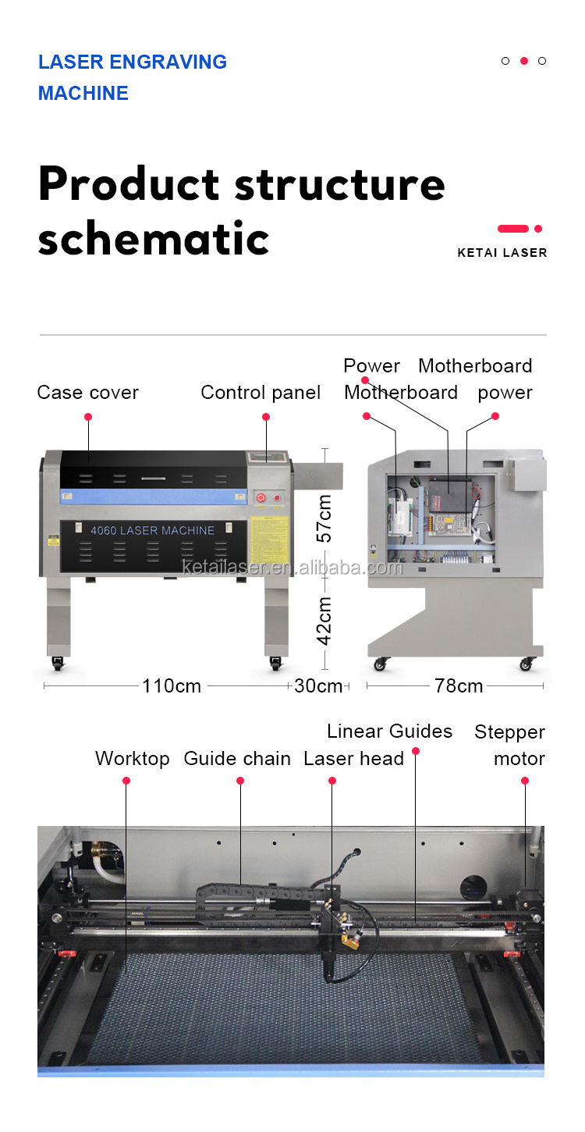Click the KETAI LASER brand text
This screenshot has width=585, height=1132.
click(x=502, y=253)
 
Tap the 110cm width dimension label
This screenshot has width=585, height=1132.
click(x=172, y=686)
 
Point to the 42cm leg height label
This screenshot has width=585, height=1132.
click(x=324, y=621)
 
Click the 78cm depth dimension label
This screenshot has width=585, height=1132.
click(x=459, y=686)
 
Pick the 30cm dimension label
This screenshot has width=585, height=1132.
click(x=318, y=686)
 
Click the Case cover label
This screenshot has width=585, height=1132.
click(x=87, y=393)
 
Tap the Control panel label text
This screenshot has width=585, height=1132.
click(x=261, y=393)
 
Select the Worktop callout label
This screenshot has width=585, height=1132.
click(x=132, y=759)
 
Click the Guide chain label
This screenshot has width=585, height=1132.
click(x=237, y=759)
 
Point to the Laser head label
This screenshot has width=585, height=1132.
click(x=353, y=759)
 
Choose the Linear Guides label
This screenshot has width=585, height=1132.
click(x=389, y=732)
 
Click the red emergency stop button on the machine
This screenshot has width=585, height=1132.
click(x=260, y=497)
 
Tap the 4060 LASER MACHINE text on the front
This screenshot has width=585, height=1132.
click(x=152, y=531)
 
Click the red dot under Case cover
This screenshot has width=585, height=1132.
click(x=88, y=417)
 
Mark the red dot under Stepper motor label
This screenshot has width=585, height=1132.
click(x=525, y=781)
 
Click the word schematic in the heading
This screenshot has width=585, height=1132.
click(x=154, y=239)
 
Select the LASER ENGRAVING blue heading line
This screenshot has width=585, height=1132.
click(x=133, y=62)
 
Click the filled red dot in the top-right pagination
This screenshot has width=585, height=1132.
click(x=524, y=61)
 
